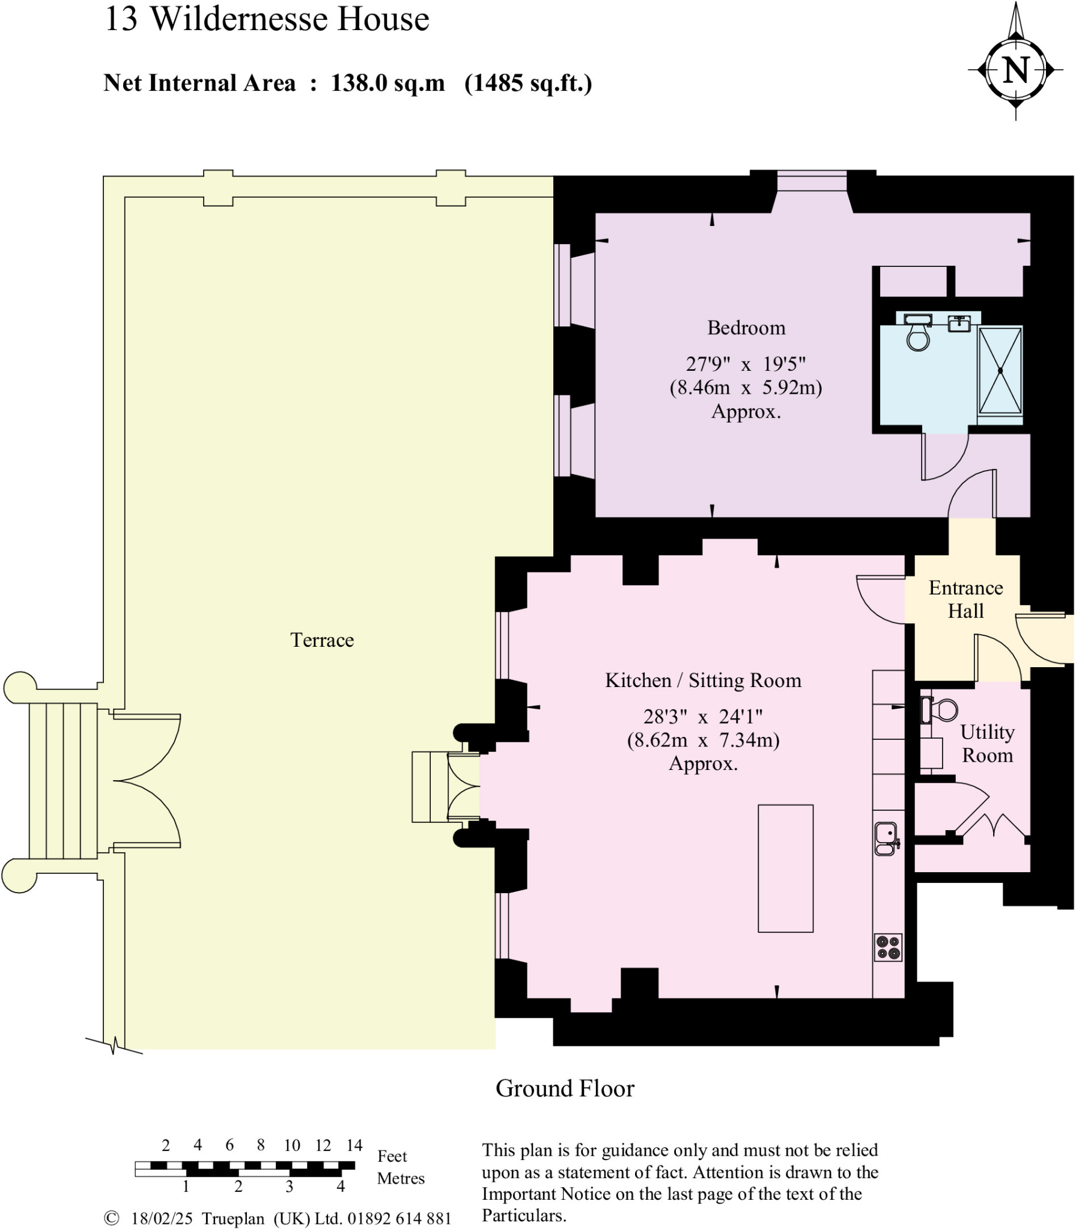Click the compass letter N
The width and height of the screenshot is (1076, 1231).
pos(1016,70)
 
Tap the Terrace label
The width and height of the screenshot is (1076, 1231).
pos(322,640)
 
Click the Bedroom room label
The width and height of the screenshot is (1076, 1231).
pos(746,328)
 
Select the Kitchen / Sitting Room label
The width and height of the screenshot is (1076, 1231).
pos(703,680)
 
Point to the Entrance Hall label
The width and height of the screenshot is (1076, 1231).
pos(965,599)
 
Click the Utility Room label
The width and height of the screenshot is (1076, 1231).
pos(987,744)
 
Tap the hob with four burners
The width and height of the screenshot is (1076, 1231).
pos(888,948)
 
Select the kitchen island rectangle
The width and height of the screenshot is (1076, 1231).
pos(785,869)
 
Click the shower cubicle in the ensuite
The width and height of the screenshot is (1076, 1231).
pos(1000,371)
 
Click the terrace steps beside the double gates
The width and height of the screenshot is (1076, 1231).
pos(63,781)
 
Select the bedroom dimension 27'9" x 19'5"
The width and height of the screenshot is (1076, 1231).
pos(746,364)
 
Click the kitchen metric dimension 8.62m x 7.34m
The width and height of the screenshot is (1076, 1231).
pos(703,740)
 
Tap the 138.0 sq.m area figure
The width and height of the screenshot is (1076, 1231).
pos(388,83)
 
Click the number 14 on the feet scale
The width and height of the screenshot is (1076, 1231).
pos(354,1145)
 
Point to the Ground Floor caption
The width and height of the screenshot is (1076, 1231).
pos(564,1089)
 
